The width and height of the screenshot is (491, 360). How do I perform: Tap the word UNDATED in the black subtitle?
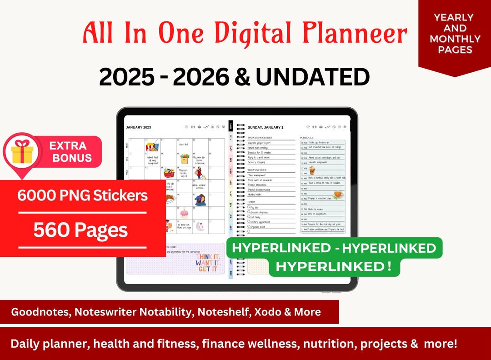point(312,77)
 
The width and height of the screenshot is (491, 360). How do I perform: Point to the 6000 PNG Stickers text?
point(83,195)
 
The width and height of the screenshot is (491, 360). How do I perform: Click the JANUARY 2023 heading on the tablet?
point(138,127)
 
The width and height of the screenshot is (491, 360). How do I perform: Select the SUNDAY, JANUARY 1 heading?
point(266,127)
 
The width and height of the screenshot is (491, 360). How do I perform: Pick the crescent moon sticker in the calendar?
point(200,225)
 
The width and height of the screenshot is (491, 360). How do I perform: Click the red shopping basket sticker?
point(169,173)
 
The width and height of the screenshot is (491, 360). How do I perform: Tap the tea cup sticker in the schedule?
point(337,195)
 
